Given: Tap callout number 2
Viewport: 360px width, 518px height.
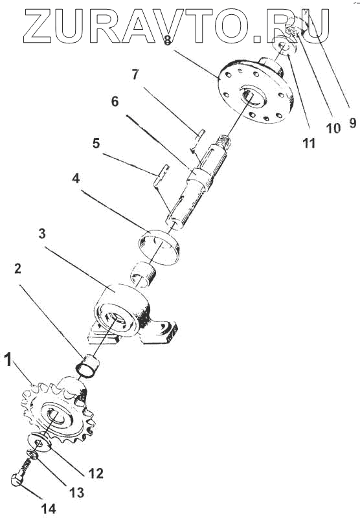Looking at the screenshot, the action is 18,268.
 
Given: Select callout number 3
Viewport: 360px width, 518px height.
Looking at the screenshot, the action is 42,234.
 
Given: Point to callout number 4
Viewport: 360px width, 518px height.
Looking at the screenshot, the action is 76,179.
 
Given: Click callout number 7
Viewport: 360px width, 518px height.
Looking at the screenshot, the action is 135,74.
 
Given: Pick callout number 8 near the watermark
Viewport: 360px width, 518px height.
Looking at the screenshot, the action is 168,40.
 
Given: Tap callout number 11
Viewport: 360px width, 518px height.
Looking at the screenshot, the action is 309,143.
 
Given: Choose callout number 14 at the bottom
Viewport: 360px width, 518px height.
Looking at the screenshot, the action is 49,509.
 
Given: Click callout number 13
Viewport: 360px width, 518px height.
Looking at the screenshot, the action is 76,493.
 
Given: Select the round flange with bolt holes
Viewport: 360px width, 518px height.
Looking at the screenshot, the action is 256,90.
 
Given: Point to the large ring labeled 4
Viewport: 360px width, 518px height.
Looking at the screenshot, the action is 159,247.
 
